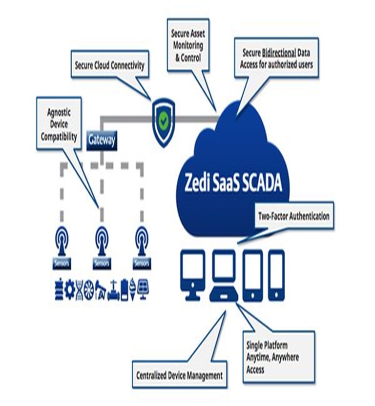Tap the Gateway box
point(102,140)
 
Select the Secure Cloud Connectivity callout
point(109,65)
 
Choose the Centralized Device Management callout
point(180,375)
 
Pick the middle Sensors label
point(101,264)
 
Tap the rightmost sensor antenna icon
point(141,240)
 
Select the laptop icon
point(226,276)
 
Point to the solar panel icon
point(144,289)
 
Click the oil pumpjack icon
point(101,288)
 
